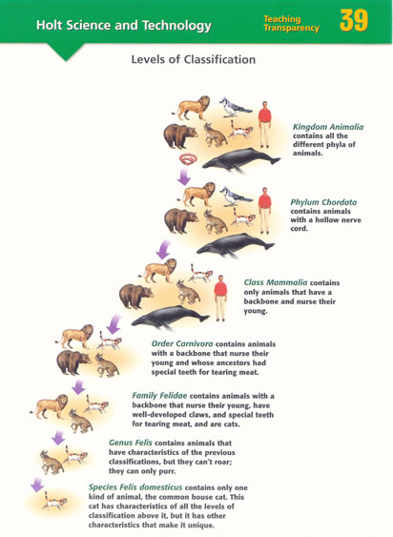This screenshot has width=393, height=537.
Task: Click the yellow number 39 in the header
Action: click(354, 21)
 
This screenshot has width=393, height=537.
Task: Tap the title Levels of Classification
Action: click(194, 59)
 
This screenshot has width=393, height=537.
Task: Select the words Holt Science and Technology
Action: click(124, 26)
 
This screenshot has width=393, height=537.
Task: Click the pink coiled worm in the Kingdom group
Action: click(189, 159)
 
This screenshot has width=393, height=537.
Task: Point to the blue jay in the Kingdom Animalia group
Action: click(235, 108)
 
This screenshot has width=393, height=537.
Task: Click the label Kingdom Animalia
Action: click(328, 127)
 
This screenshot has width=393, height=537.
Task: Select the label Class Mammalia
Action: click(276, 282)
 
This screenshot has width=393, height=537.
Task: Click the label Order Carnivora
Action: click(182, 343)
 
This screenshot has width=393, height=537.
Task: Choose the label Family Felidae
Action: click(159, 396)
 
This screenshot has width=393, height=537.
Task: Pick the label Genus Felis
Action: click(131, 443)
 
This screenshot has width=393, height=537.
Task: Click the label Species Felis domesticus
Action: click(135, 487)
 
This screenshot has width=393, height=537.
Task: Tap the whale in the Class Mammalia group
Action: click(170, 317)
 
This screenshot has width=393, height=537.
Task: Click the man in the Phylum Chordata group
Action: click(265, 210)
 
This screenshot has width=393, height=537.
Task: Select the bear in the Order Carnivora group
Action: click(73, 362)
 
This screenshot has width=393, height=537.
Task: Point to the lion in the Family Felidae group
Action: click(50, 406)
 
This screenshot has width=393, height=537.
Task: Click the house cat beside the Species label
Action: click(54, 502)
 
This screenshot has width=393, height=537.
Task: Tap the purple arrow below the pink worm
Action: click(184, 176)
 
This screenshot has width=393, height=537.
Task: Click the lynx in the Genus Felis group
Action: click(52, 463)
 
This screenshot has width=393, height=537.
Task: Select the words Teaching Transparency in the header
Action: click(291, 24)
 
